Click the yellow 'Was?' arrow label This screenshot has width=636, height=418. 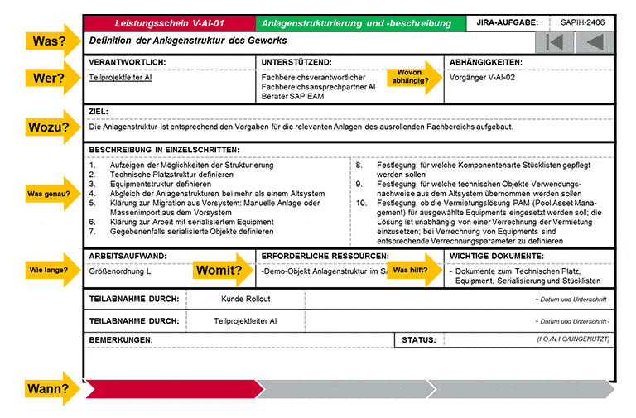click(x=51, y=41)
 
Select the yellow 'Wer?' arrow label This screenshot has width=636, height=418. click(x=51, y=79)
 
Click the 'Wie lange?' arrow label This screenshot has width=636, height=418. click(x=51, y=270)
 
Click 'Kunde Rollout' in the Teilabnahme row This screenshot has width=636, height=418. click(x=246, y=298)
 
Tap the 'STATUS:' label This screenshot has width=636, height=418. click(x=419, y=339)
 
